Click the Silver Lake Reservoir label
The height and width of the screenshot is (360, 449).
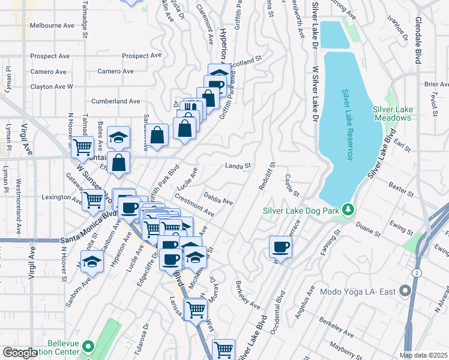click(x=347, y=125)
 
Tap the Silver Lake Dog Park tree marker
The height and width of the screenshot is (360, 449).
click(x=347, y=210)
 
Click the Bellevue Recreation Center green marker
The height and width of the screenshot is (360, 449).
click(x=89, y=347)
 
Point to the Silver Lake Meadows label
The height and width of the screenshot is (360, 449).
click(x=392, y=113)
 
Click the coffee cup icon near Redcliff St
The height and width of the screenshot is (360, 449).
click(x=280, y=247)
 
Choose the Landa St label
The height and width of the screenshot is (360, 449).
click(x=237, y=166)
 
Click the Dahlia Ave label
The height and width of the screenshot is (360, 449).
click(x=218, y=198)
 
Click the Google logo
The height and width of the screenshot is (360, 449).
click(x=20, y=353)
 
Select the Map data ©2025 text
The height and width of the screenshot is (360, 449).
click(x=424, y=355)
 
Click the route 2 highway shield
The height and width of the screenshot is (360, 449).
click(x=416, y=273)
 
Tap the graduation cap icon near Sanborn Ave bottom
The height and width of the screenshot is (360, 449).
click(x=92, y=262)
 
